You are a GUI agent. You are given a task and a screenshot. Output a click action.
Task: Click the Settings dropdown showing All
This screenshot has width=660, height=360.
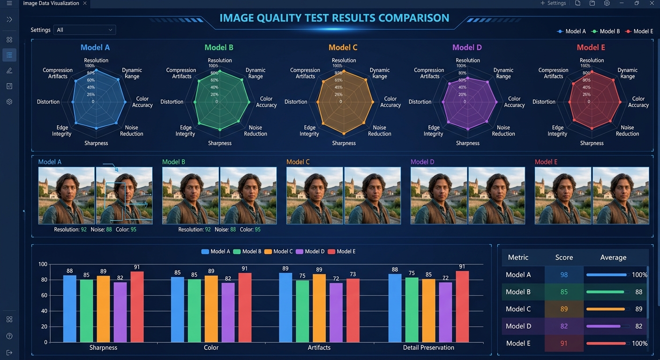pyautogui.click(x=84, y=30)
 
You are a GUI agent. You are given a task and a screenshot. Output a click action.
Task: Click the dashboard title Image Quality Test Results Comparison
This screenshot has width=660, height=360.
pyautogui.click(x=334, y=18)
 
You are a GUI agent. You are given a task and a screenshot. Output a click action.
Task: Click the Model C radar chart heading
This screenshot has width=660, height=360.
pyautogui.click(x=343, y=47)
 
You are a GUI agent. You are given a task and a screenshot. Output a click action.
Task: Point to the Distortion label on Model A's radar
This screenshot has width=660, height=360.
pyautogui.click(x=48, y=102)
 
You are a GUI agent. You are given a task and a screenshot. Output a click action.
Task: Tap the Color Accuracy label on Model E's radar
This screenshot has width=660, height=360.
pyautogui.click(x=638, y=102)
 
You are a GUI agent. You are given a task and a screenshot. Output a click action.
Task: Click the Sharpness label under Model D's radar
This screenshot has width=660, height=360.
pyautogui.click(x=468, y=143)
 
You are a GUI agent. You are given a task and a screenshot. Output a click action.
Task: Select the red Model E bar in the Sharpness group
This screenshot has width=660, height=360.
pyautogui.click(x=137, y=307)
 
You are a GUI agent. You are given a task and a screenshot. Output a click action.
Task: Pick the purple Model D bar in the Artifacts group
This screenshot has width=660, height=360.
pyautogui.click(x=336, y=312)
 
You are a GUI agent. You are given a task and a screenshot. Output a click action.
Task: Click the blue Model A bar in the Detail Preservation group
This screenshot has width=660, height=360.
pyautogui.click(x=395, y=308)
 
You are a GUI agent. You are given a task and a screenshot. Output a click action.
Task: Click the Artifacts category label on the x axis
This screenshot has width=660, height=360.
pyautogui.click(x=319, y=348)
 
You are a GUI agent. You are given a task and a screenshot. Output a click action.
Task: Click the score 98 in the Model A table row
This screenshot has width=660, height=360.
pyautogui.click(x=564, y=275)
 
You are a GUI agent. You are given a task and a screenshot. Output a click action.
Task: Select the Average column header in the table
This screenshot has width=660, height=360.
pyautogui.click(x=613, y=257)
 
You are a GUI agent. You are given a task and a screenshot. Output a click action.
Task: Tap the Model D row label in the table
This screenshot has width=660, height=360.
pyautogui.click(x=518, y=326)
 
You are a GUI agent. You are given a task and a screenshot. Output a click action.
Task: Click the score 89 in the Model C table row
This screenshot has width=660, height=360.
pyautogui.click(x=564, y=309)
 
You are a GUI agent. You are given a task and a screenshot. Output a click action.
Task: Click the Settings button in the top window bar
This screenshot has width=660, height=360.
pyautogui.click(x=553, y=3)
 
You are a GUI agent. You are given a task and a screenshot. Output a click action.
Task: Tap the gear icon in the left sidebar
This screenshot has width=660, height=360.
pyautogui.click(x=9, y=102)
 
